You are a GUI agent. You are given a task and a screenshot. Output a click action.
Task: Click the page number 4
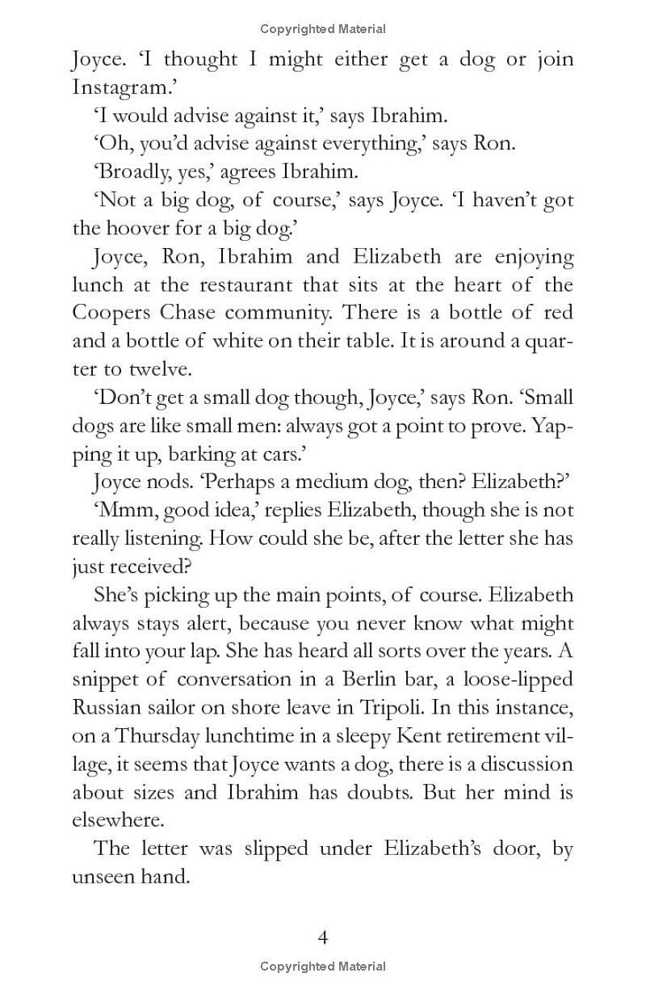point(323,937)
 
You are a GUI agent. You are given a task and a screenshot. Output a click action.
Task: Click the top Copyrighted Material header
point(323,29)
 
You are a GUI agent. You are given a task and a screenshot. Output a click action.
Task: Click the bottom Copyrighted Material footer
point(323,967)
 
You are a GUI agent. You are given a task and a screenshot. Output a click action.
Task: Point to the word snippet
point(104,680)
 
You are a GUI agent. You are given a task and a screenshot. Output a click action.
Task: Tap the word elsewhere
point(117,820)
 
